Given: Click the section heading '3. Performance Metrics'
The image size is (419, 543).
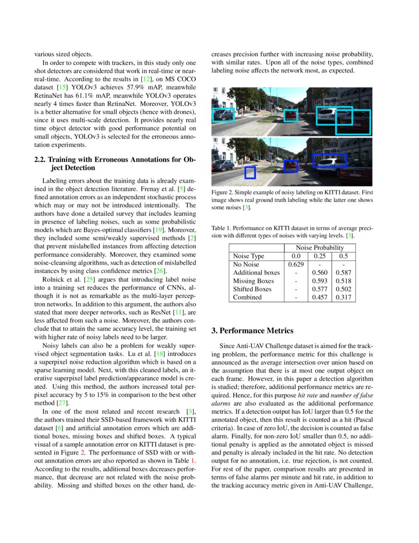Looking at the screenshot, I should coord(252,331).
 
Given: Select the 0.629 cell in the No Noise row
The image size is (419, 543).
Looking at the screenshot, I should coord(295,265).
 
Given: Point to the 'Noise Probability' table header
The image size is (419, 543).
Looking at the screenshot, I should coord(320,248).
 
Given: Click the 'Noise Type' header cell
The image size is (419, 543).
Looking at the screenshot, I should coord(248,256).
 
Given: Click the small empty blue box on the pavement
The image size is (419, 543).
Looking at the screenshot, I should coord(250,172).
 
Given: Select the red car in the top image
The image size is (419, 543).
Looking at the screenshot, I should coord(291,116).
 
